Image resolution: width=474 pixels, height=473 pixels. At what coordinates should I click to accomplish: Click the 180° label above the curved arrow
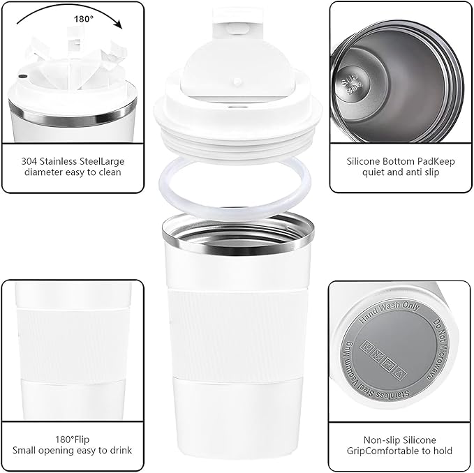pyautogui.click(x=84, y=19)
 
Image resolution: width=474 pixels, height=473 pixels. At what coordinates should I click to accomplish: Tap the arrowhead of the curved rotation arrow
pyautogui.click(x=119, y=25)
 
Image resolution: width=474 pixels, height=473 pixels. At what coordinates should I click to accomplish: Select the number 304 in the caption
pyautogui.click(x=30, y=161)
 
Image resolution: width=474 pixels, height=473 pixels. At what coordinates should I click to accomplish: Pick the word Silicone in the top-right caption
pyautogui.click(x=364, y=161)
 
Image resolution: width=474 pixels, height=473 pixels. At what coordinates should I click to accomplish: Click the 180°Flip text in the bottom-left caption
pyautogui.click(x=73, y=440)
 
